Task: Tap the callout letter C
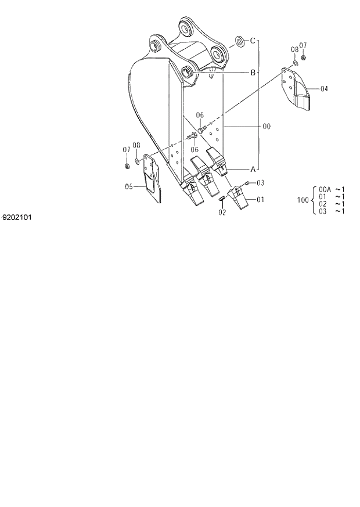pos(253,41)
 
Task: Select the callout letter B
pos(253,73)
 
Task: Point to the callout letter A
pos(253,169)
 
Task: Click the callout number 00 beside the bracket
pos(267,125)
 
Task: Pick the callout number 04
pos(323,89)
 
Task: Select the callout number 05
pos(129,186)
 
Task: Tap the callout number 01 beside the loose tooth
pos(260,200)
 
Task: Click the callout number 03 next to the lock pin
pos(261,183)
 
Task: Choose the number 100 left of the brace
pos(303,200)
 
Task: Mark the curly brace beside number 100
pos(314,200)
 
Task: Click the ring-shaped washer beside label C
pos(239,41)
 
